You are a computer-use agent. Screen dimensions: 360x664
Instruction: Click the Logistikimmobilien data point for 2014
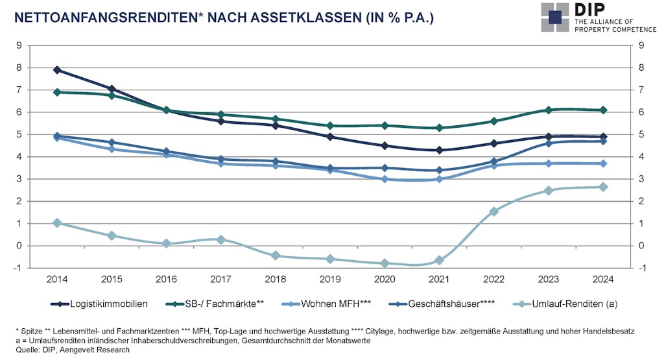(57, 70)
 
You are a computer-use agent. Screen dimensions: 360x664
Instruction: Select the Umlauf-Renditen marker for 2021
(440, 260)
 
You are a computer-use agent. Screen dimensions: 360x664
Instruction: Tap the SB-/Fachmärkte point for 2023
(549, 110)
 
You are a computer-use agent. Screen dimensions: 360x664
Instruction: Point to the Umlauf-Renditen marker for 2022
(494, 211)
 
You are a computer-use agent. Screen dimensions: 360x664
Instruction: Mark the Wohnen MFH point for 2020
(385, 179)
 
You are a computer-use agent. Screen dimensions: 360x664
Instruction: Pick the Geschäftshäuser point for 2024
(603, 141)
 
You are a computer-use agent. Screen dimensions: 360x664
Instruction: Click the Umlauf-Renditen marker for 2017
(221, 239)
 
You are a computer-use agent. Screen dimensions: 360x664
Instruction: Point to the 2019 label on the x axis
(330, 279)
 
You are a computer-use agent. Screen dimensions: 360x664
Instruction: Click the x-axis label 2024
(603, 279)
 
